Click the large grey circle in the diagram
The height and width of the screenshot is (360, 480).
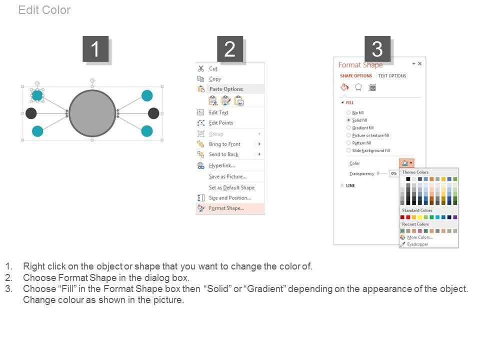(x=92, y=113)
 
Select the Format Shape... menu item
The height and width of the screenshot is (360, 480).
(x=226, y=208)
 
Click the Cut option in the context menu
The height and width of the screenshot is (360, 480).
(x=213, y=68)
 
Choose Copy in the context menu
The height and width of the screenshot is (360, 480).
(x=215, y=79)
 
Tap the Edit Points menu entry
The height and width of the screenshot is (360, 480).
(x=221, y=123)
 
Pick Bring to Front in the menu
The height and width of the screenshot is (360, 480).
(x=224, y=144)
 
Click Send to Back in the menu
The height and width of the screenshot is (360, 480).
(x=223, y=154)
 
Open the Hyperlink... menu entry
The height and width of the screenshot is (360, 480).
(x=222, y=165)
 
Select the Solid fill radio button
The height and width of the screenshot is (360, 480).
(x=348, y=120)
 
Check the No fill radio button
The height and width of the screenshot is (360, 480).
(x=348, y=112)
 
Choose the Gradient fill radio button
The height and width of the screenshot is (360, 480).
(x=348, y=127)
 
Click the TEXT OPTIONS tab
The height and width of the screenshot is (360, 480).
(x=392, y=75)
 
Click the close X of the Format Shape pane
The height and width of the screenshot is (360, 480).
(x=419, y=63)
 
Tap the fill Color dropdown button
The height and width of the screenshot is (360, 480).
(x=406, y=163)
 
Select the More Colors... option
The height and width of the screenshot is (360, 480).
(x=419, y=237)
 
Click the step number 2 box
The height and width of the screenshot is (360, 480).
(x=230, y=49)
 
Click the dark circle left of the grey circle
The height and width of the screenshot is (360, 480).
(x=31, y=113)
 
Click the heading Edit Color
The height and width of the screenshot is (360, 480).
(x=44, y=10)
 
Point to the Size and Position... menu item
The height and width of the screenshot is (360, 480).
(x=230, y=198)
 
